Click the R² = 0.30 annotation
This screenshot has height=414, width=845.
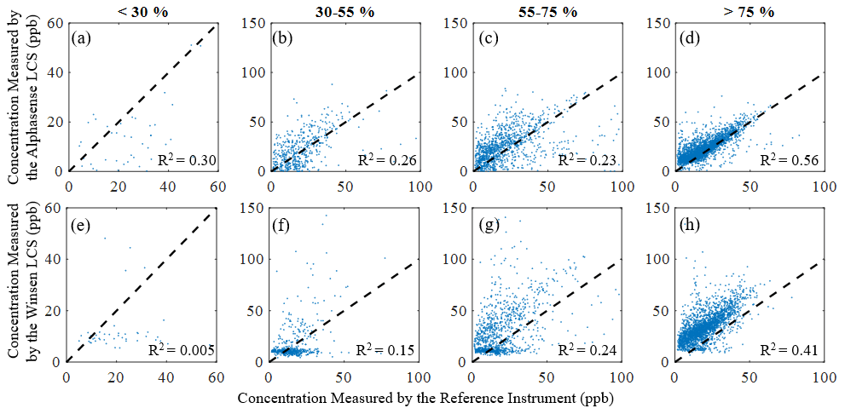(x=182, y=159)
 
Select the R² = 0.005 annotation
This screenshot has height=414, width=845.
(x=179, y=349)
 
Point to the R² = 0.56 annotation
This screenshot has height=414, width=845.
(x=790, y=159)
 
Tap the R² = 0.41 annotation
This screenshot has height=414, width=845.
(x=790, y=349)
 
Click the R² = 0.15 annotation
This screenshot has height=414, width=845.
(x=385, y=349)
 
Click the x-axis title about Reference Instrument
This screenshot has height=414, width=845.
(x=425, y=399)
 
